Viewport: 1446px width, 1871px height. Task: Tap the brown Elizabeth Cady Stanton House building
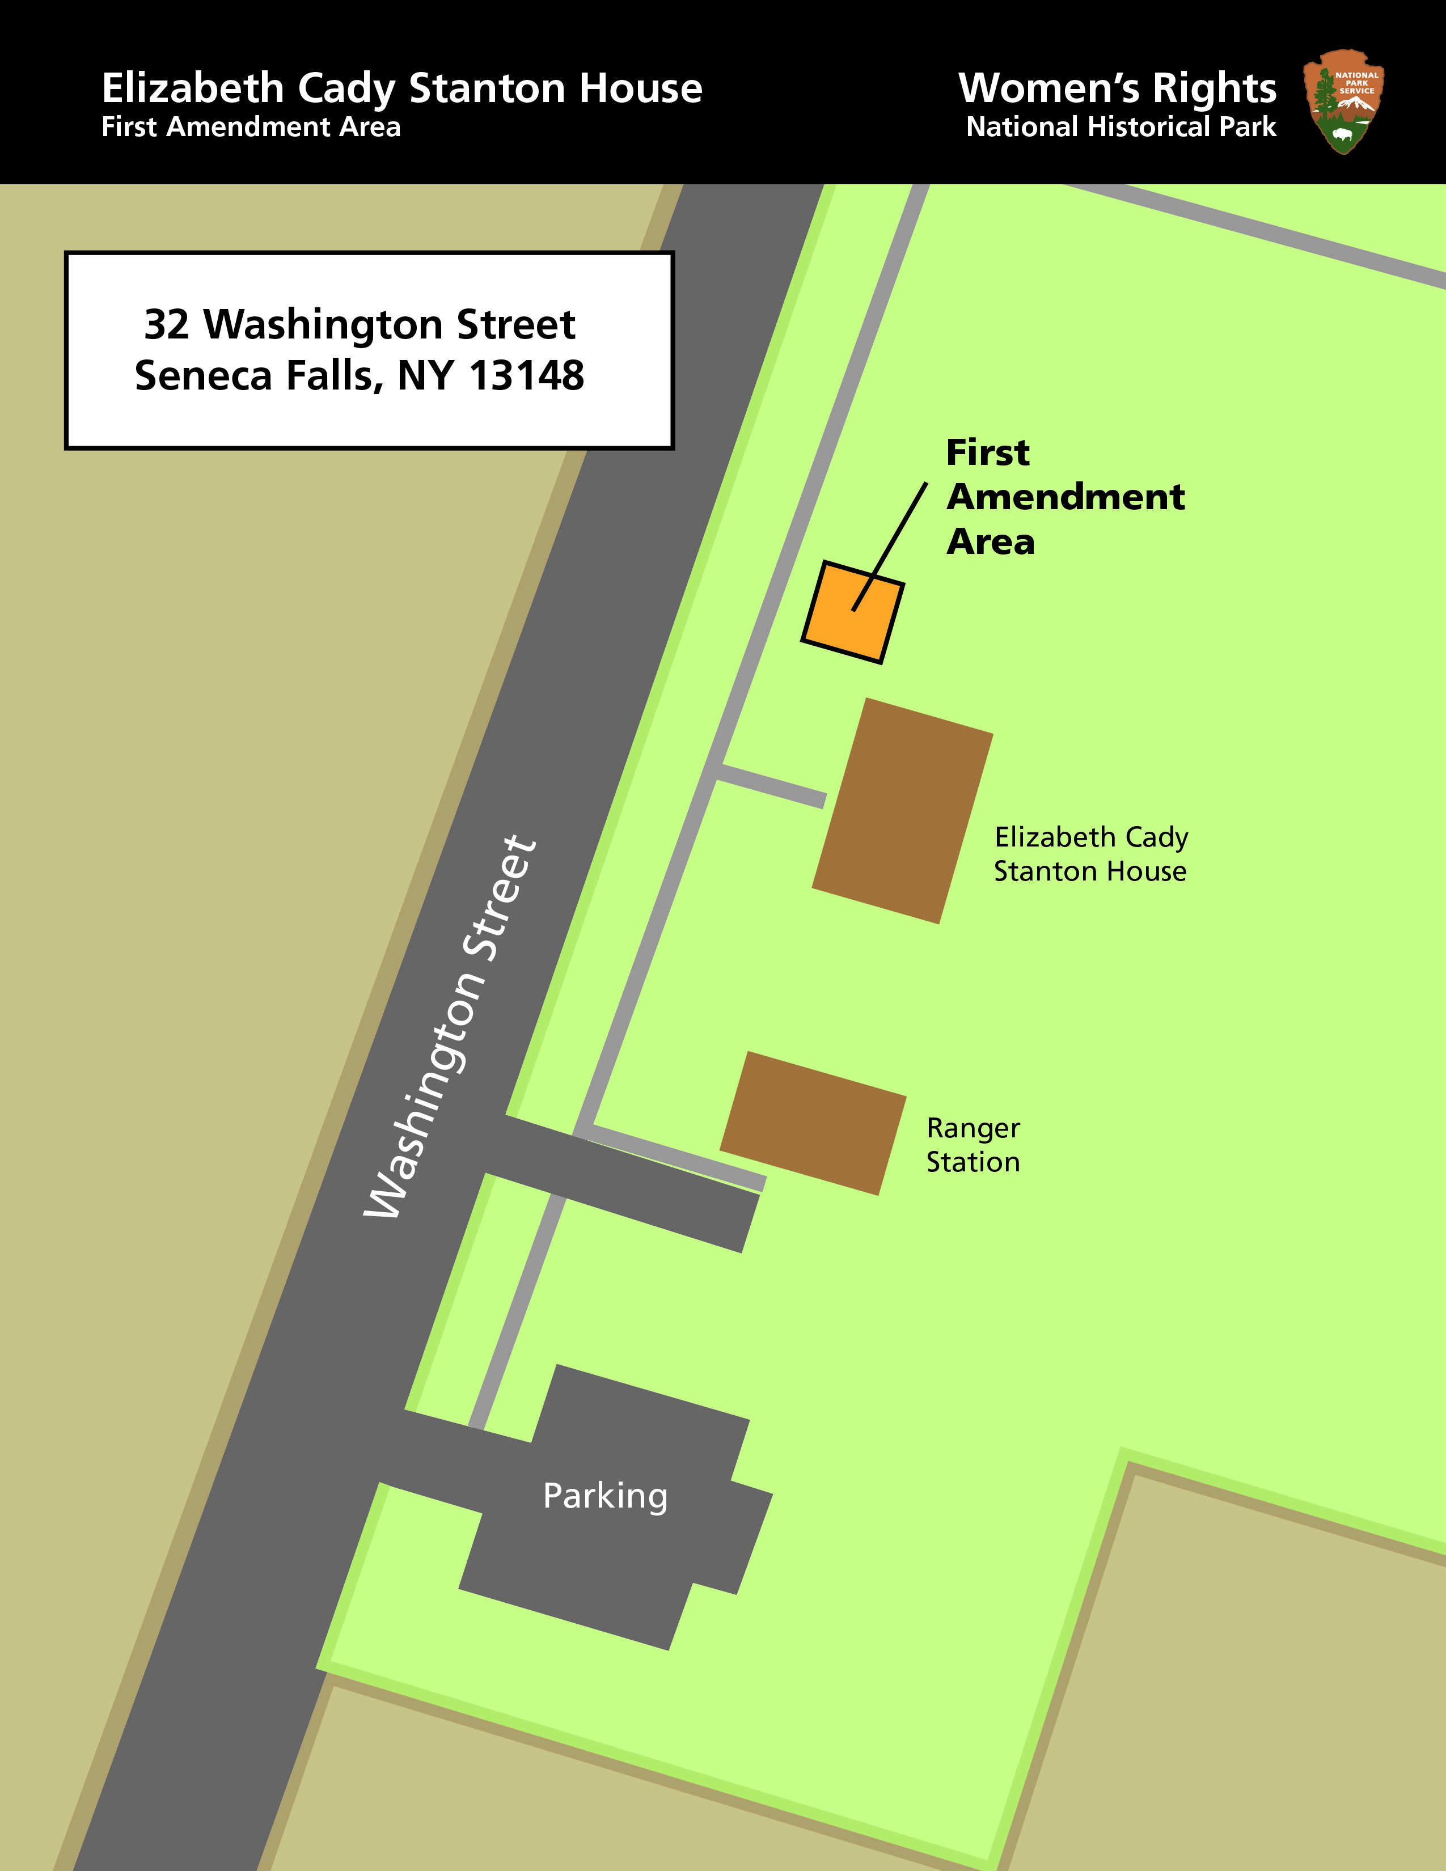903,810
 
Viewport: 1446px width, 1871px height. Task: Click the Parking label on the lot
605,1496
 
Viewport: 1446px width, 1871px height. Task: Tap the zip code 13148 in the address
526,375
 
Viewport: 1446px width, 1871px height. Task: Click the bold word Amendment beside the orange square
1065,497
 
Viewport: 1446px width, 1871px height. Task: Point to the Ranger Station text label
973,1145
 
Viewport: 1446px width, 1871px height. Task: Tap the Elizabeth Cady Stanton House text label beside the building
1090,853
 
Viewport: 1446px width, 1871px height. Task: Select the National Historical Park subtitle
1121,128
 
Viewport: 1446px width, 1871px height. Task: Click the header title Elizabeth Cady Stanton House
402,88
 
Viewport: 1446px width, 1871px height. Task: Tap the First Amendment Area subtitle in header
251,128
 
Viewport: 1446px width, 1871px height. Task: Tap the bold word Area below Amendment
990,542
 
